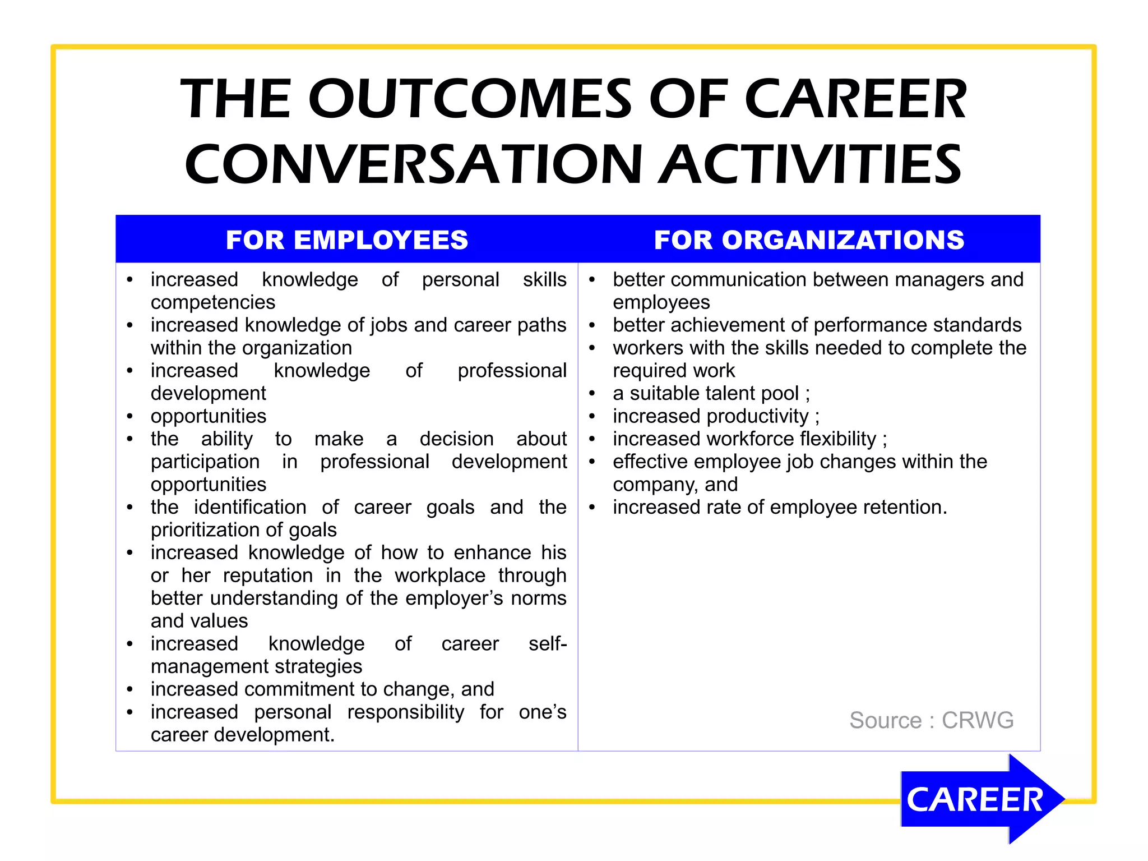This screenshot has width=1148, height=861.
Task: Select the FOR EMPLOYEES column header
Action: [346, 240]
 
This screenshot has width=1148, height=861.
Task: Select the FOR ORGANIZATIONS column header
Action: [809, 240]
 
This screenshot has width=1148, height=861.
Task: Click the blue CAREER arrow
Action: [978, 799]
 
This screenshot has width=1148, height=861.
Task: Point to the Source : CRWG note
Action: [931, 720]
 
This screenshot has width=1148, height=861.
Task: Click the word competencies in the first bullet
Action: [213, 302]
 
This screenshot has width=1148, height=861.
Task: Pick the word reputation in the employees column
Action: [268, 575]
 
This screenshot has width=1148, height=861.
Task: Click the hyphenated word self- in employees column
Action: [547, 643]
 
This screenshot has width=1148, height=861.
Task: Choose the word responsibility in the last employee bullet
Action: [405, 712]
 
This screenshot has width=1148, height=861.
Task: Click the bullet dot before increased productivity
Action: [592, 417]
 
